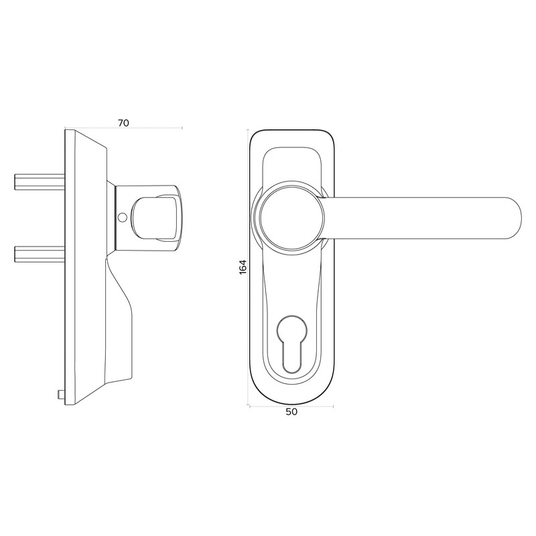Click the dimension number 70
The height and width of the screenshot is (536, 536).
pos(123,123)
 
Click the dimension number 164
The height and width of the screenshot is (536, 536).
pos(243,266)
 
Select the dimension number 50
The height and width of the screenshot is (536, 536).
pos(291,412)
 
